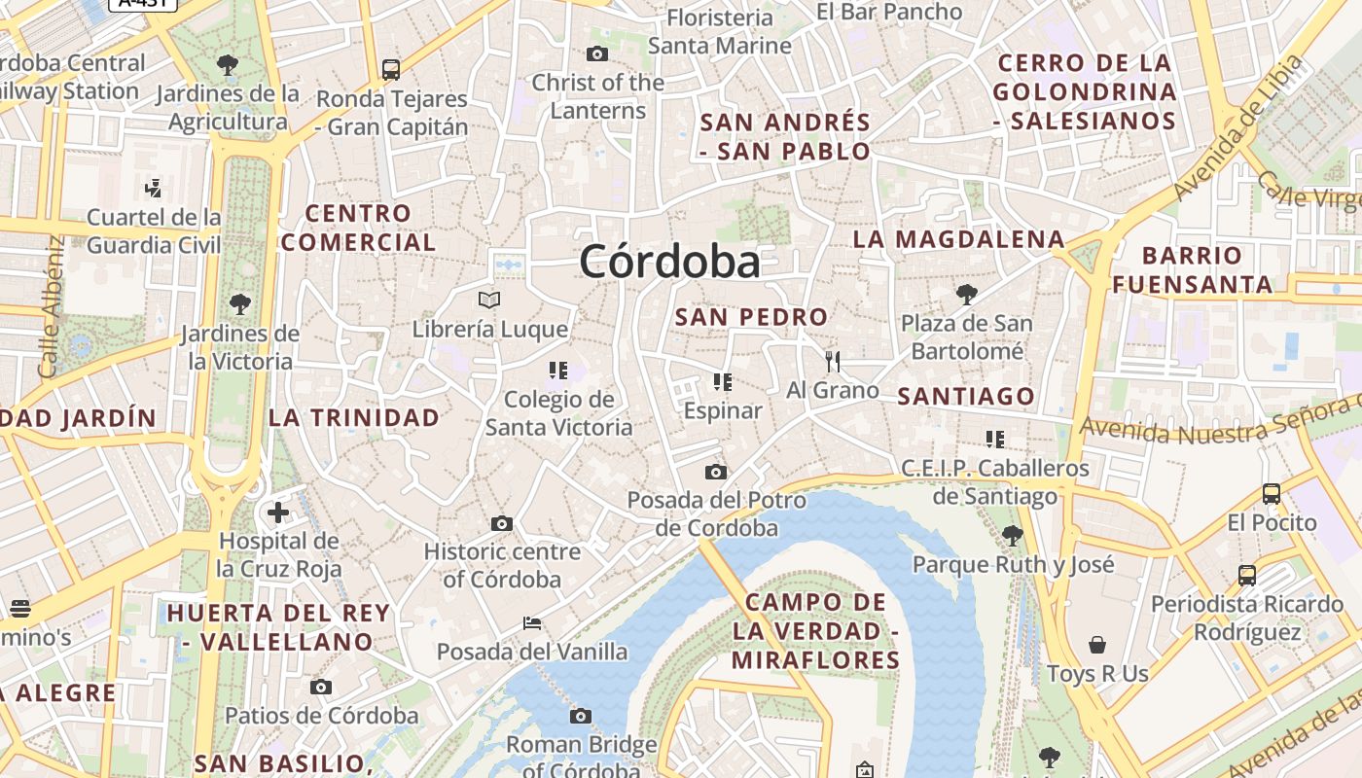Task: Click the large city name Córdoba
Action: tap(669, 262)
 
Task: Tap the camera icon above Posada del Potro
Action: tap(716, 473)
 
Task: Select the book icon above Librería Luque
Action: tap(489, 300)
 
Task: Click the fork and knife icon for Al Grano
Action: tap(832, 362)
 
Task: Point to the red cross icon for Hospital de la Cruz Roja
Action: tap(278, 513)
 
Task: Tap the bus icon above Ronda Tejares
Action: tap(391, 70)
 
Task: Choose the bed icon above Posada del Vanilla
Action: tap(531, 623)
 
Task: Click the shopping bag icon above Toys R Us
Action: tap(1097, 645)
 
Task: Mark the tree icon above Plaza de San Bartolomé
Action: tap(966, 294)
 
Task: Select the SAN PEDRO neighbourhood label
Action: tap(751, 317)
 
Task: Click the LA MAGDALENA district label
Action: tap(958, 239)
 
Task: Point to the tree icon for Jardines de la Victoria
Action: tap(239, 304)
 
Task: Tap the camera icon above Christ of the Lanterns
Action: tap(597, 53)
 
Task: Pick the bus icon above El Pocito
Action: tap(1272, 494)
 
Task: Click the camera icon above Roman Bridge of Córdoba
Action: tap(581, 717)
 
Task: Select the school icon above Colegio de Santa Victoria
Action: tap(558, 370)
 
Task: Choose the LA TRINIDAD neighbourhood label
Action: tap(354, 418)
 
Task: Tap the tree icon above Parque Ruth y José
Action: tap(1013, 535)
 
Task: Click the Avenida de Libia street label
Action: tap(1238, 127)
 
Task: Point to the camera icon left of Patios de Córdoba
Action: tap(321, 688)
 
